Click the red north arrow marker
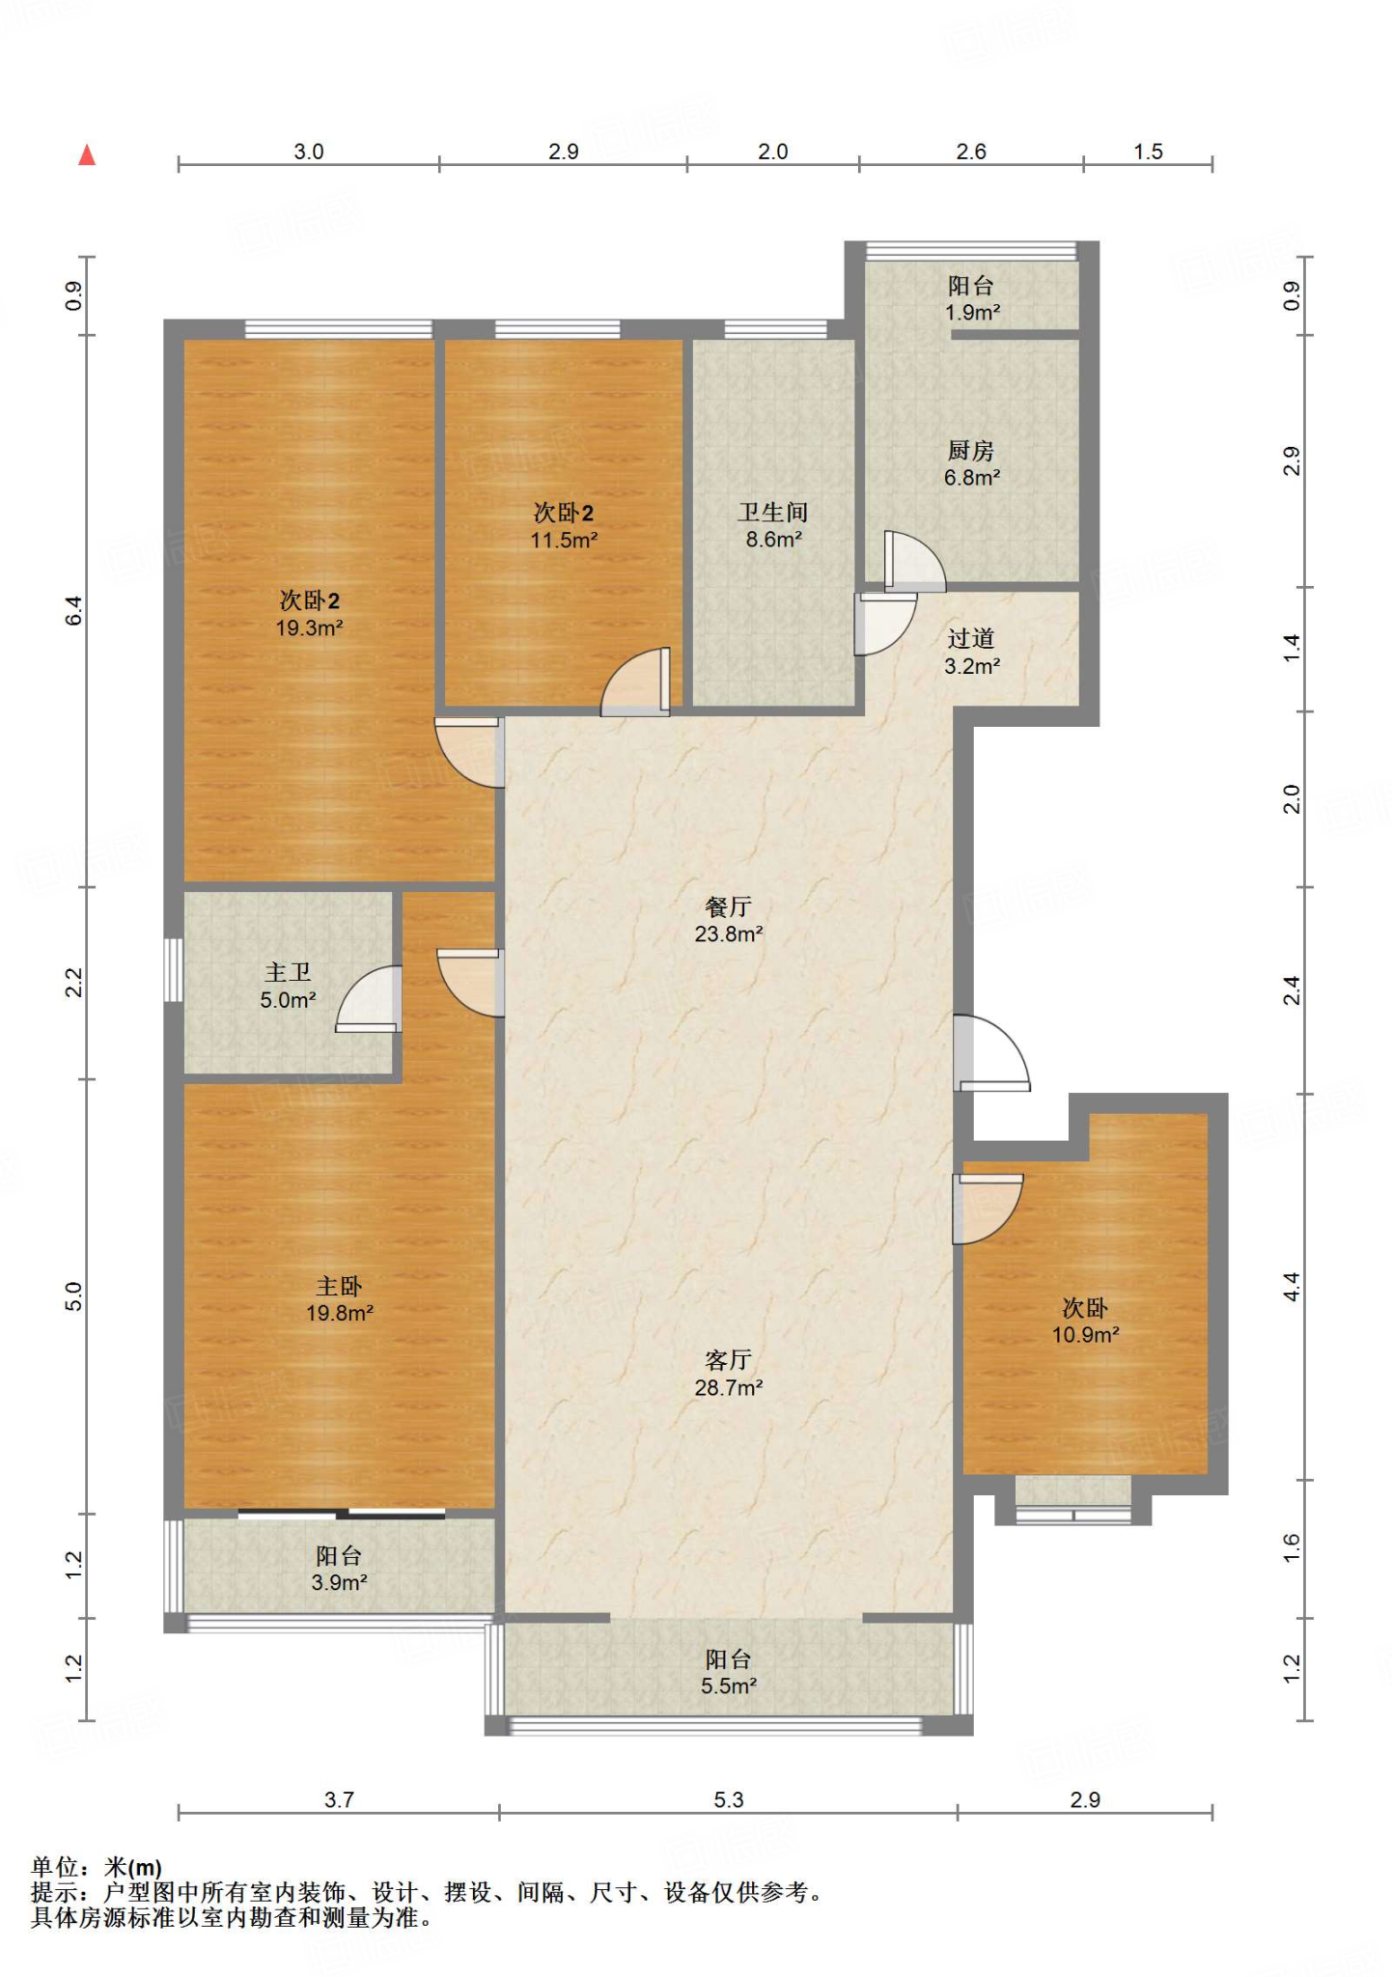[x=87, y=154]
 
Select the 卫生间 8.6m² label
[x=773, y=526]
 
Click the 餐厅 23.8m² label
[x=729, y=920]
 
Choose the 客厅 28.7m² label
[x=729, y=1374]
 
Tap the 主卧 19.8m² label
[x=339, y=1299]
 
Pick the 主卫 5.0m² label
[x=288, y=987]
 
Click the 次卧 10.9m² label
[x=1085, y=1322]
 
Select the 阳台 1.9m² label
[x=971, y=299]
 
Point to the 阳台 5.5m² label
[x=729, y=1673]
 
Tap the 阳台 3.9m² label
[x=339, y=1569]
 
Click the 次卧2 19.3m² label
[x=310, y=614]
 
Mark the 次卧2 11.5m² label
[x=564, y=526]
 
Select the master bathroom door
[x=368, y=999]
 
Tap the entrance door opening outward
[x=991, y=1053]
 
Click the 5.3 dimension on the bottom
[x=729, y=1799]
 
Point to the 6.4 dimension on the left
[x=74, y=611]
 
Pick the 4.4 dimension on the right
[x=1292, y=1287]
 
